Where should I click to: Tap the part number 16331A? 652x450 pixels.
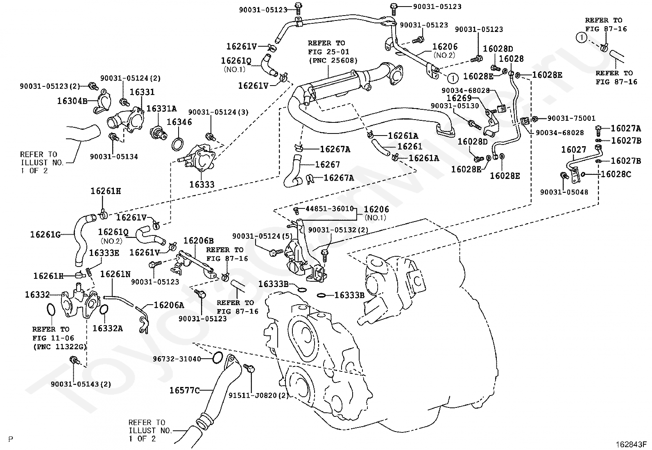click(x=161, y=109)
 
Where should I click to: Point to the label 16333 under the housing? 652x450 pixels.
click(x=202, y=185)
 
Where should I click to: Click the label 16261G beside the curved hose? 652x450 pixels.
click(x=45, y=235)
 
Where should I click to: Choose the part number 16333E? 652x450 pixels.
click(x=104, y=253)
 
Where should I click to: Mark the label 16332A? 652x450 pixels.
click(x=107, y=328)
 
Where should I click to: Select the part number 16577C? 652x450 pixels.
click(x=185, y=390)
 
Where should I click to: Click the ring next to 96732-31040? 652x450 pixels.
click(x=218, y=358)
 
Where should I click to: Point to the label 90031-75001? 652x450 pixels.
click(x=571, y=118)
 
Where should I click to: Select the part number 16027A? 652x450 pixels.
click(x=626, y=129)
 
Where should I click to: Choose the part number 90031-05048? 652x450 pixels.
click(x=564, y=192)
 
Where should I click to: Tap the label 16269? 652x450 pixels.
click(x=459, y=98)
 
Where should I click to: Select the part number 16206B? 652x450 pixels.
click(x=198, y=241)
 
